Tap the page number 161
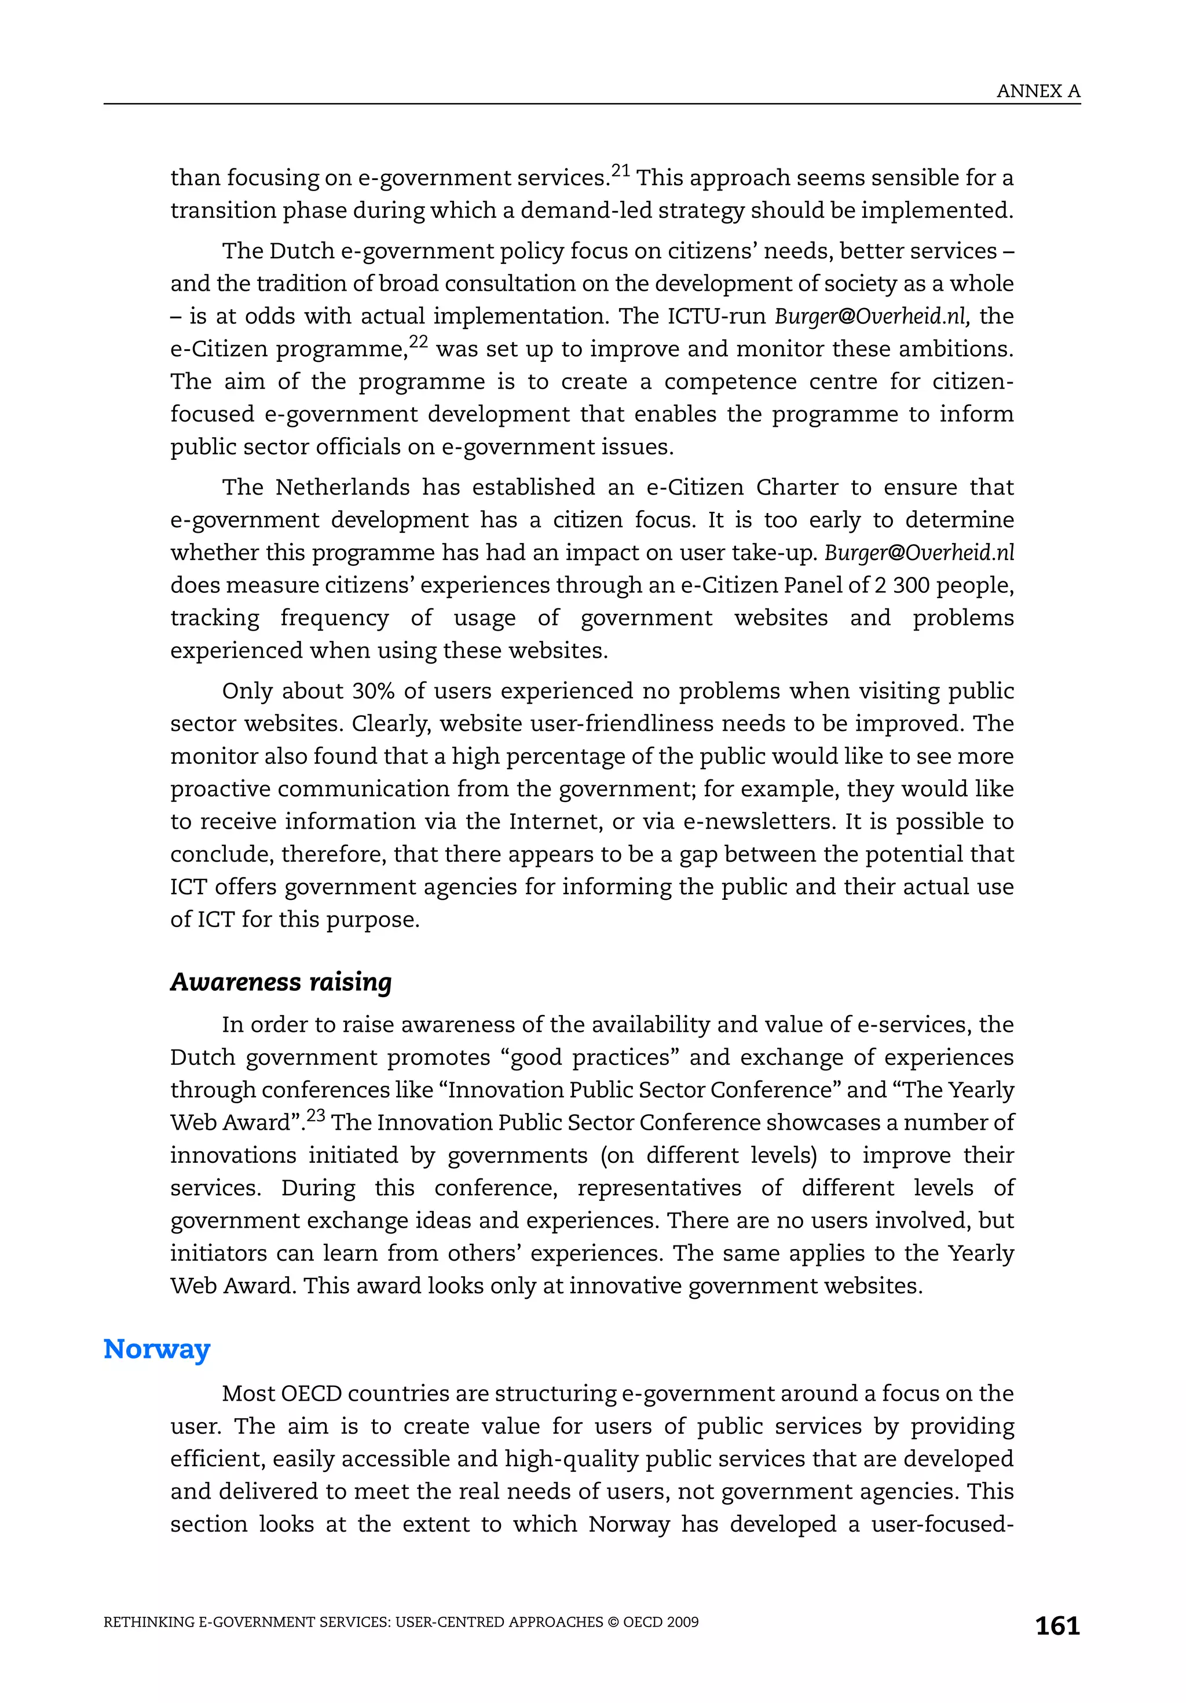tap(1057, 1625)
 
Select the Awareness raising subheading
tap(280, 981)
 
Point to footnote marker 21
tap(620, 171)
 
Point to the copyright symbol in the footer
tap(613, 1622)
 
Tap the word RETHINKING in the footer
tap(148, 1622)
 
